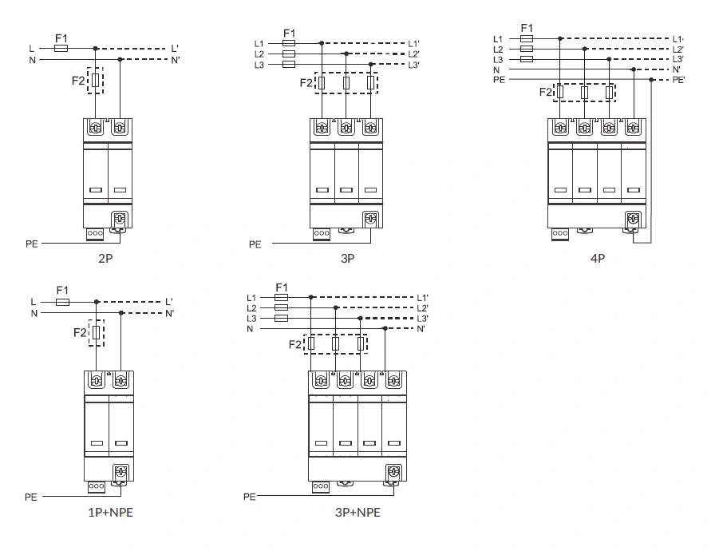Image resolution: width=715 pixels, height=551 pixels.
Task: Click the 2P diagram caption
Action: pyautogui.click(x=105, y=259)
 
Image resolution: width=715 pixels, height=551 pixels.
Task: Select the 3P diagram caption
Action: pyautogui.click(x=347, y=259)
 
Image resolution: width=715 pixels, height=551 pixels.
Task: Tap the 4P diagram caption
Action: pyautogui.click(x=598, y=259)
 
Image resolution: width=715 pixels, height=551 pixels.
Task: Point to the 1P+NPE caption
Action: pyautogui.click(x=110, y=512)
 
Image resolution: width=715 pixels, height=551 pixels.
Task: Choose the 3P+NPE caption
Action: pyautogui.click(x=357, y=512)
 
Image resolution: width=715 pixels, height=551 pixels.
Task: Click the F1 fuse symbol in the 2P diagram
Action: pyautogui.click(x=61, y=49)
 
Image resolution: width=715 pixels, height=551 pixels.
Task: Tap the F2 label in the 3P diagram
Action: pyautogui.click(x=306, y=82)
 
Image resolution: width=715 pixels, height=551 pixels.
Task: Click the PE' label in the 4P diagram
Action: pyautogui.click(x=678, y=80)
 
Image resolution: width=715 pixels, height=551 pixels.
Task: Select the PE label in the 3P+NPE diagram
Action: pyautogui.click(x=250, y=497)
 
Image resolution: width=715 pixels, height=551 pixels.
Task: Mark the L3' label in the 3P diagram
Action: pyautogui.click(x=413, y=65)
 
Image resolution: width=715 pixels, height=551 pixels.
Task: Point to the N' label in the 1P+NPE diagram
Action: pyautogui.click(x=170, y=313)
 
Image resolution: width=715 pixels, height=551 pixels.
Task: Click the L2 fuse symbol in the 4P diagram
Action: pyautogui.click(x=527, y=49)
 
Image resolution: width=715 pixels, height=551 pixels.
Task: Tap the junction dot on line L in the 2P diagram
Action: pyautogui.click(x=95, y=49)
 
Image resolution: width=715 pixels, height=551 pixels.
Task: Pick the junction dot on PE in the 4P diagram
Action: pyautogui.click(x=651, y=80)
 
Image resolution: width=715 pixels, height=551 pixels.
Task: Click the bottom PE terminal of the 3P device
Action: pyautogui.click(x=371, y=219)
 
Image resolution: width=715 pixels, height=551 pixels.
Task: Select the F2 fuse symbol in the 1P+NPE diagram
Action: pyautogui.click(x=97, y=332)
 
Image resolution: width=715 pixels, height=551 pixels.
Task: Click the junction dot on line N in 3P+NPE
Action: pyautogui.click(x=385, y=328)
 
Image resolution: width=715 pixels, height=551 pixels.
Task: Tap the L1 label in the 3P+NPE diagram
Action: pyautogui.click(x=251, y=297)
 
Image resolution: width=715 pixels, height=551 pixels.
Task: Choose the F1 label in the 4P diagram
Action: pyautogui.click(x=527, y=28)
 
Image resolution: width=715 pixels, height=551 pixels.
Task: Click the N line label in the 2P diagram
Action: pyautogui.click(x=32, y=60)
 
